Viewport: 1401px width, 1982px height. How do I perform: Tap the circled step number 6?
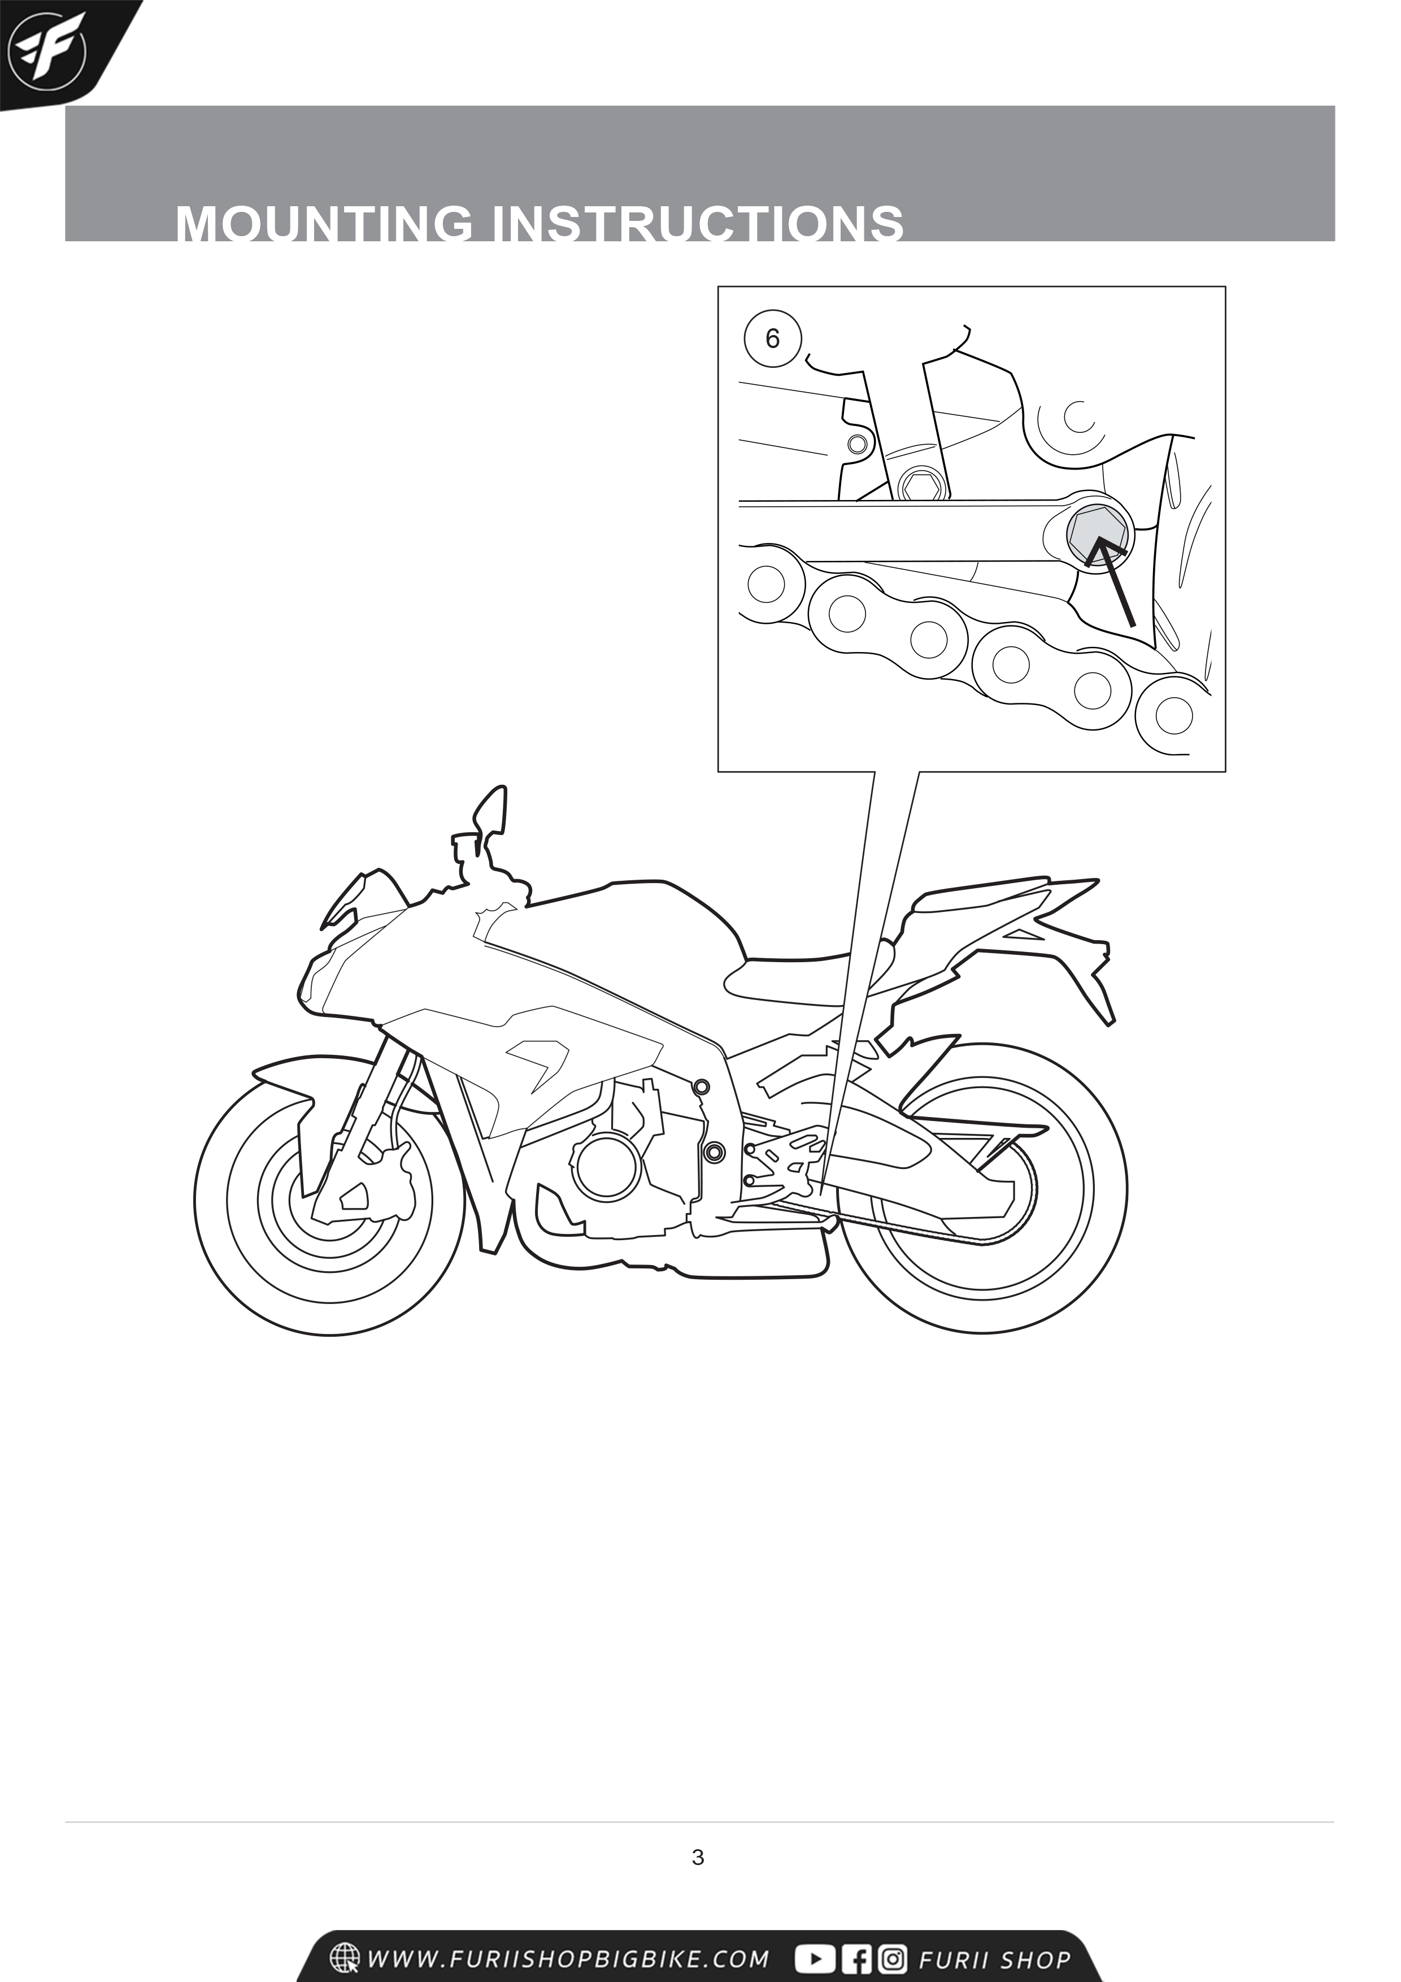pos(773,338)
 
